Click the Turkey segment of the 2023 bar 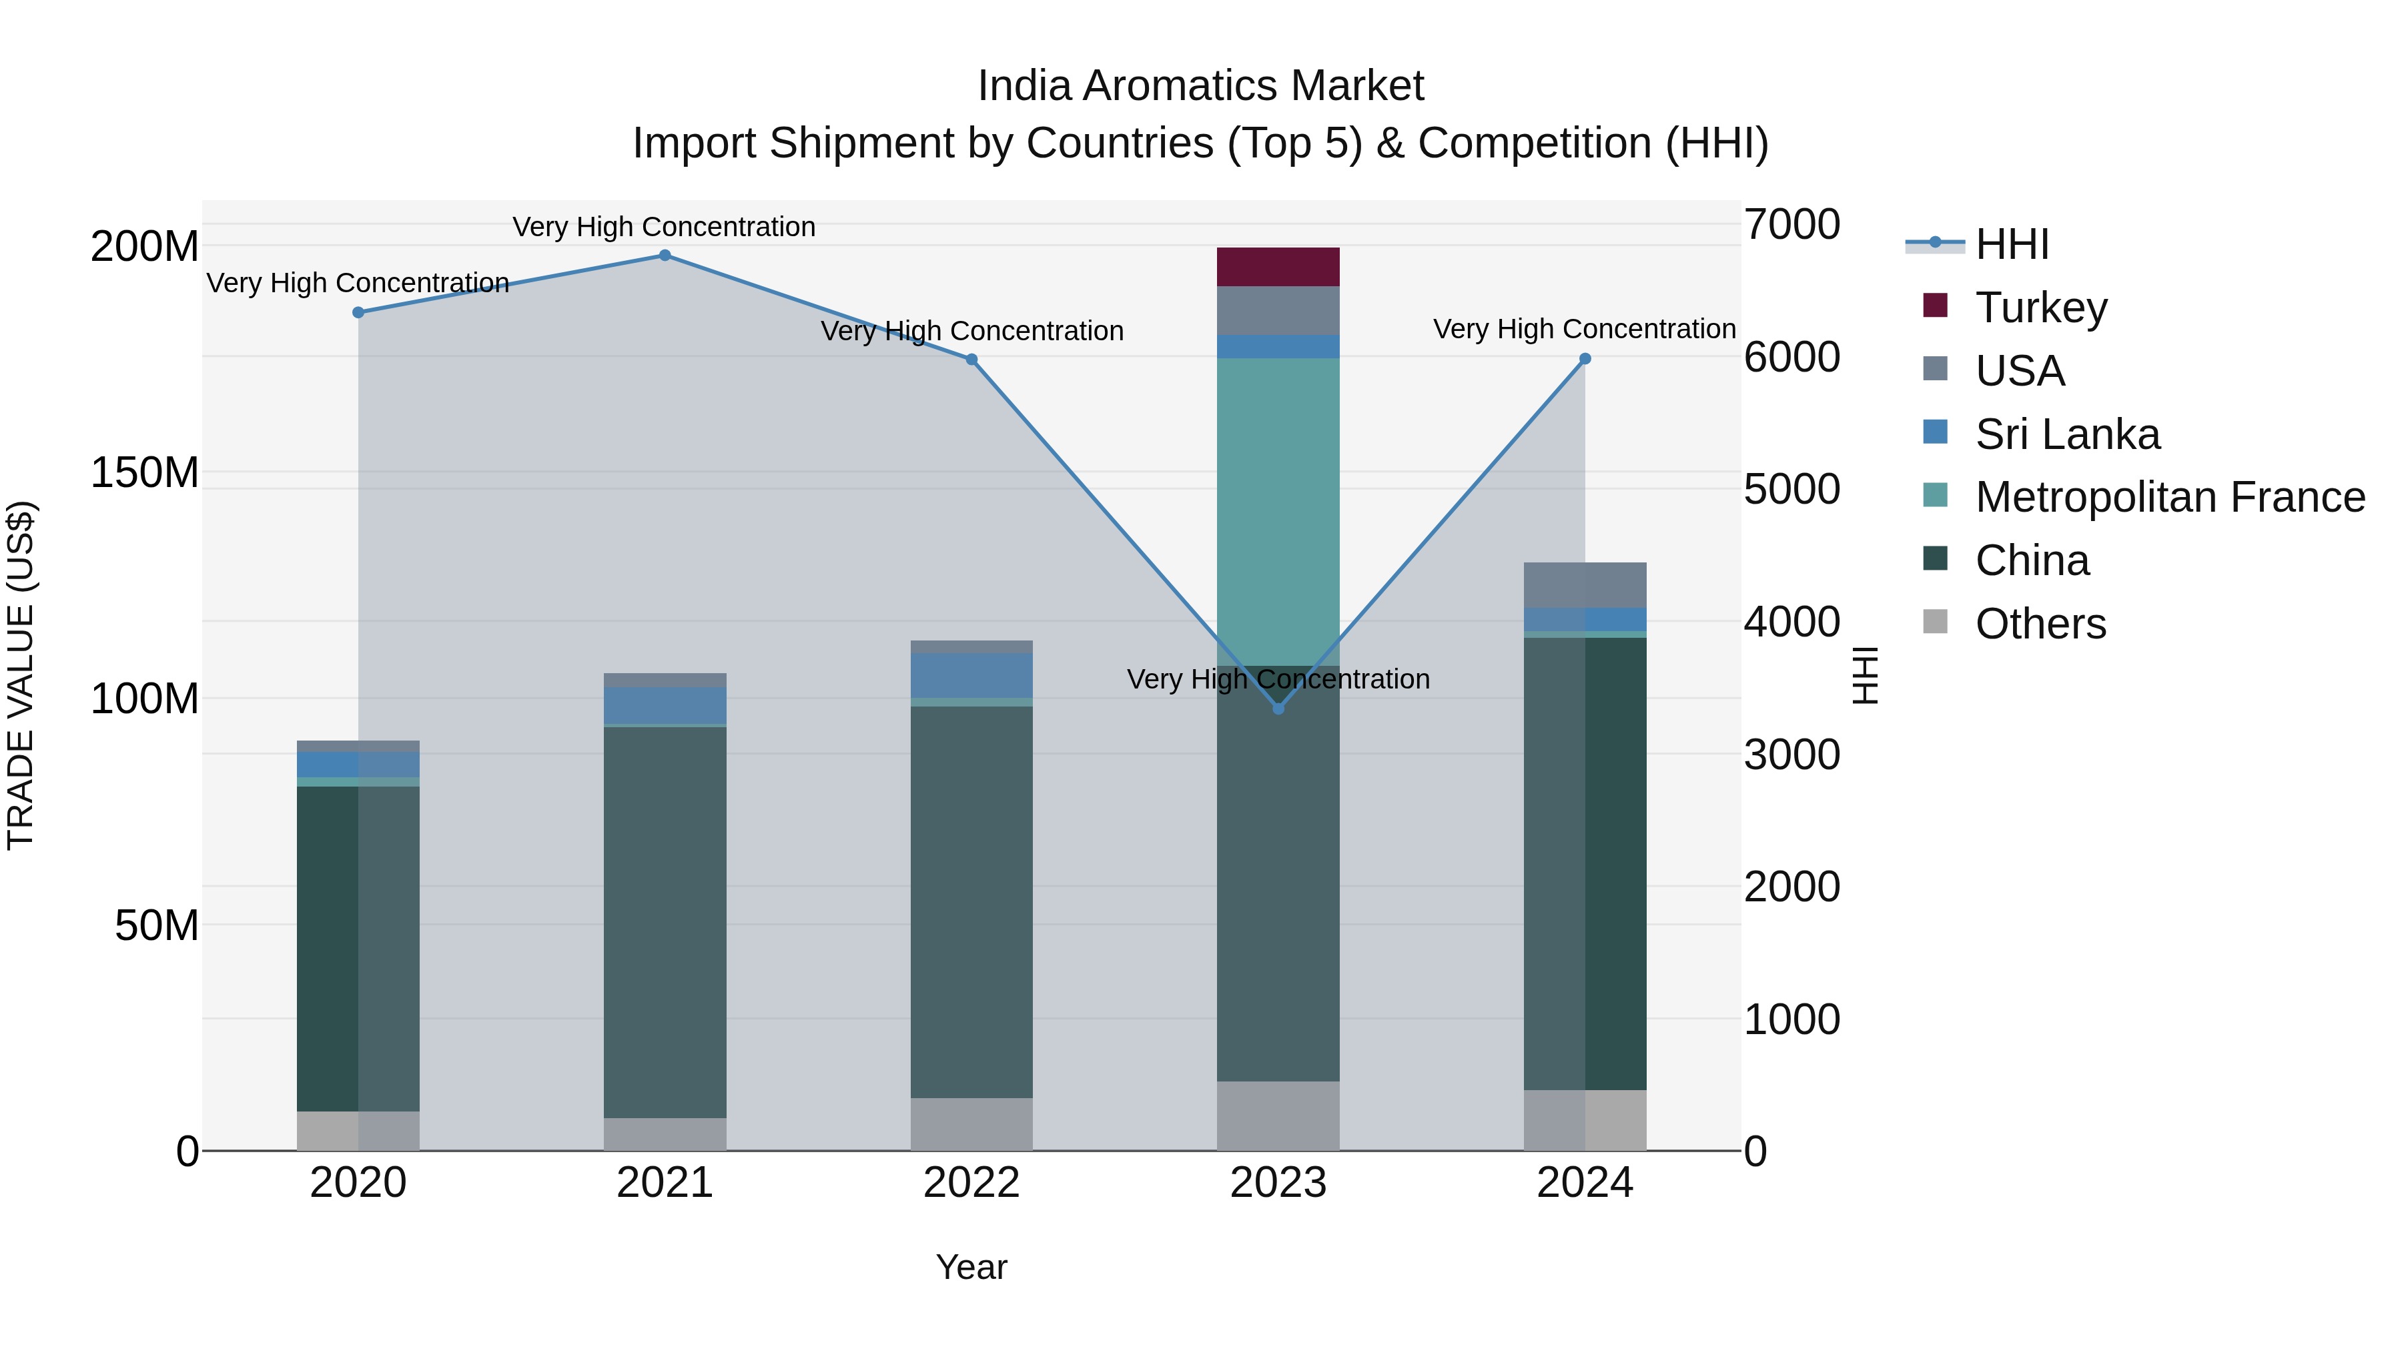[1278, 267]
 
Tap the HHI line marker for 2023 [1278, 709]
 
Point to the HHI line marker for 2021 [665, 256]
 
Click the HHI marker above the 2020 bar [358, 312]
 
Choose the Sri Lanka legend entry [2066, 434]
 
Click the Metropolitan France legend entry [2169, 497]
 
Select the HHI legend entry [2011, 244]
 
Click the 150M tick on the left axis [145, 473]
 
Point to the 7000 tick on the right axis [1791, 225]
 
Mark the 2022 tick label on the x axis [971, 1183]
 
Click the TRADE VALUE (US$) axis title [21, 675]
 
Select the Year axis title [971, 1267]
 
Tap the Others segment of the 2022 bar [971, 1123]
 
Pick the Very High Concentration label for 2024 [1583, 329]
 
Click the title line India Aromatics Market [1200, 86]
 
